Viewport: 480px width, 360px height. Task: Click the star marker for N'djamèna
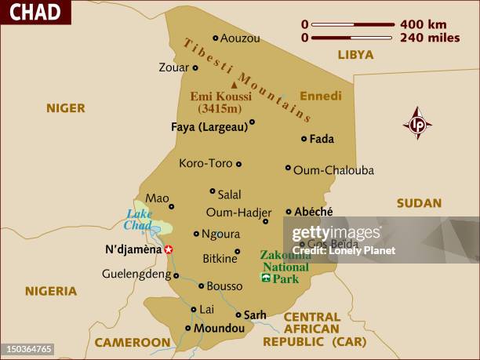169,250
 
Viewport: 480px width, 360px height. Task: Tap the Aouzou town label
240,38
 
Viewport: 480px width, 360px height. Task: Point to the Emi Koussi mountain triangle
233,85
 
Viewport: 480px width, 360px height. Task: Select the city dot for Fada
304,139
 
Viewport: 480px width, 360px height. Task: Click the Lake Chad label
139,220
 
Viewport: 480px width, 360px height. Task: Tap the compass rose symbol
417,124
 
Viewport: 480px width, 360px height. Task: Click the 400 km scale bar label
424,24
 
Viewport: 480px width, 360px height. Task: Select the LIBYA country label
355,54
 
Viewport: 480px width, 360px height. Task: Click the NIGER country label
65,108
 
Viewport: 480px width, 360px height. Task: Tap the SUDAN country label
419,203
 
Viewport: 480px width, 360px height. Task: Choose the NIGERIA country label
51,291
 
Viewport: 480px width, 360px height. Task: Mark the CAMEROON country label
133,342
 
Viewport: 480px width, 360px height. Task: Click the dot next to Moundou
188,329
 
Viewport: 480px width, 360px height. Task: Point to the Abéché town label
314,211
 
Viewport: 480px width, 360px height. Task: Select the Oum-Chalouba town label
333,169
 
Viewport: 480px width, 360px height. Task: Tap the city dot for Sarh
238,314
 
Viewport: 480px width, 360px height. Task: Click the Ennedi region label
322,96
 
